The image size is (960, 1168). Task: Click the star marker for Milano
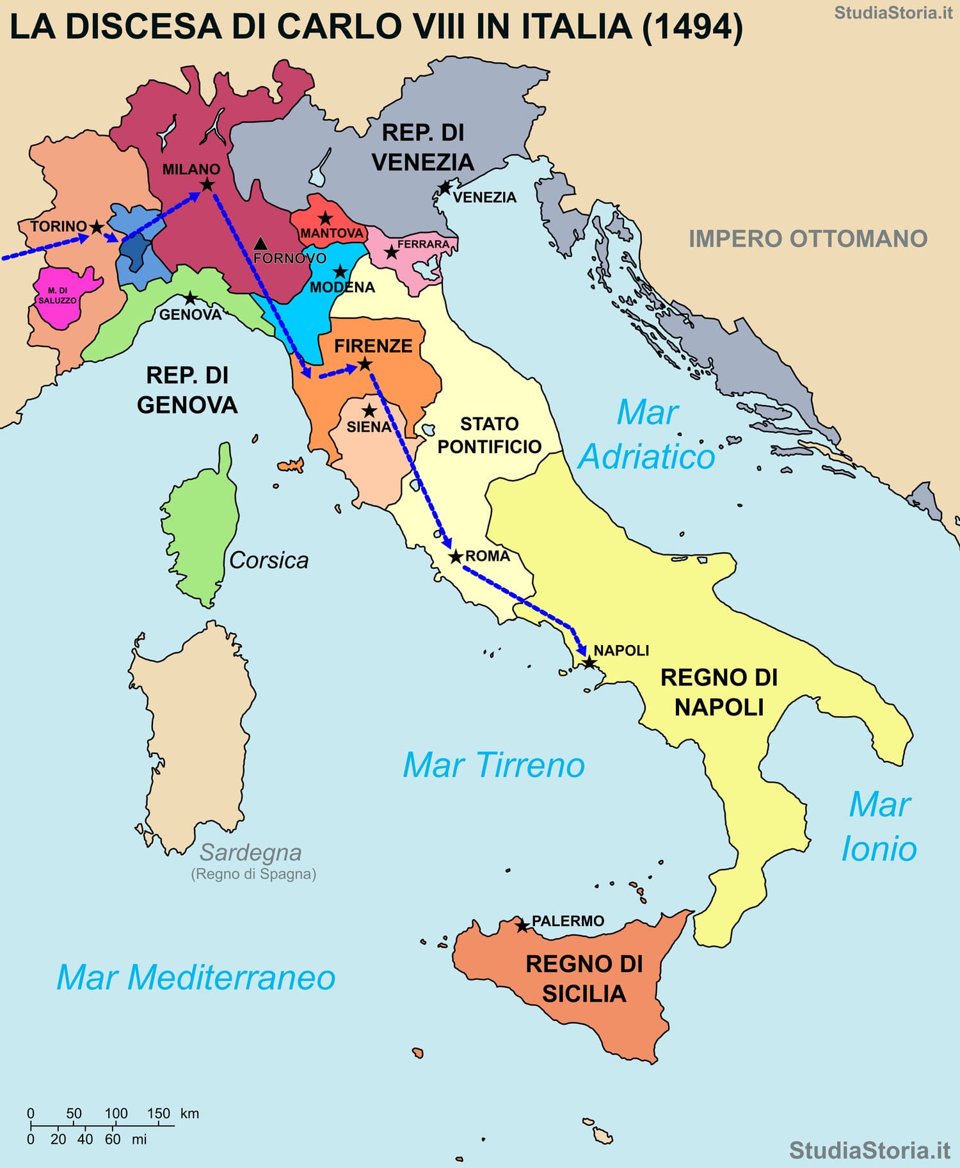tap(207, 185)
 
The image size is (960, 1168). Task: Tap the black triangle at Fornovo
tap(260, 244)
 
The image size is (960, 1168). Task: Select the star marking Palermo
tap(522, 926)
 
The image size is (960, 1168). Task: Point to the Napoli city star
tap(589, 662)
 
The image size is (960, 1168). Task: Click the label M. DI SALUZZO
tap(58, 296)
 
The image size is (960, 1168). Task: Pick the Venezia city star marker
tap(444, 188)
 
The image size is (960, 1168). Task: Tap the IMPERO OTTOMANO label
tap(808, 239)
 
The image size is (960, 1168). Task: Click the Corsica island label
tap(269, 560)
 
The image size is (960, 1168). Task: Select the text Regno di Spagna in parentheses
tap(253, 874)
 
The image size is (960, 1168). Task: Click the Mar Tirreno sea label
tap(493, 765)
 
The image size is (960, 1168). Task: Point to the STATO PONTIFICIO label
tap(490, 435)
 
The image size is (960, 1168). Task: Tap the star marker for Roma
tap(455, 557)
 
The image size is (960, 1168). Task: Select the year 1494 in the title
tap(693, 27)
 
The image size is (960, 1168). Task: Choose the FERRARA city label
tap(423, 244)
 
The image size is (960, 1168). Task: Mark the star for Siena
tap(369, 411)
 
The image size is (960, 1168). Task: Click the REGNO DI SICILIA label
tap(584, 979)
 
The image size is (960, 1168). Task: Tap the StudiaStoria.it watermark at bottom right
tap(870, 1149)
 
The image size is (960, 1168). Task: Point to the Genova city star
tap(190, 299)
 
